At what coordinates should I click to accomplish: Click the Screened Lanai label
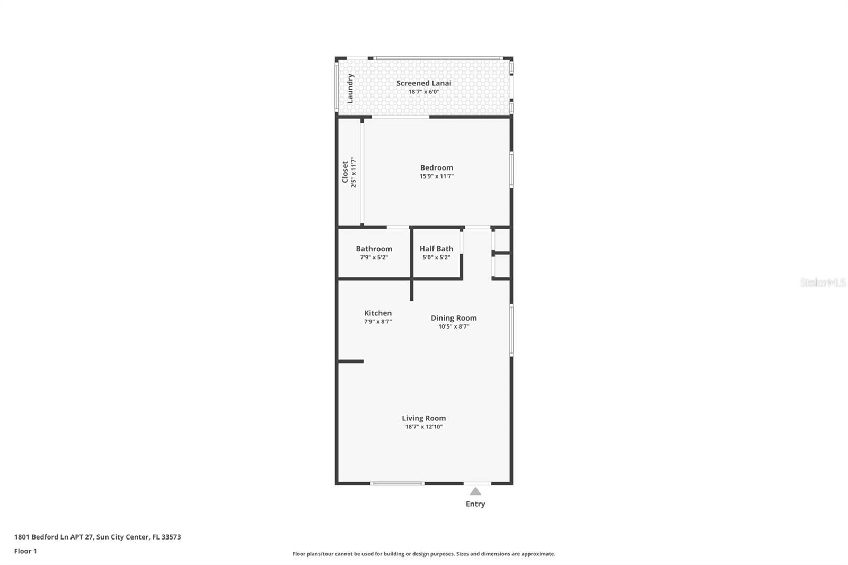[x=423, y=83]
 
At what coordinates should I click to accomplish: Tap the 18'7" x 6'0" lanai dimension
[x=423, y=92]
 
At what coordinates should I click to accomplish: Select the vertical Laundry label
[x=350, y=89]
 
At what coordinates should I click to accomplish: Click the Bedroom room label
[x=436, y=167]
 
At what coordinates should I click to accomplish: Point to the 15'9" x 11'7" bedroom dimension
[x=436, y=176]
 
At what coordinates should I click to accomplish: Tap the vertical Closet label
[x=345, y=172]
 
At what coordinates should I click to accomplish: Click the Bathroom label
[x=374, y=249]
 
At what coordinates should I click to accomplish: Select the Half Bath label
[x=436, y=249]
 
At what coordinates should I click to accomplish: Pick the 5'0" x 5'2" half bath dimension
[x=436, y=258]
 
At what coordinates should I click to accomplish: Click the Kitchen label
[x=377, y=313]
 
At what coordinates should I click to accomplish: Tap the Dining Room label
[x=453, y=318]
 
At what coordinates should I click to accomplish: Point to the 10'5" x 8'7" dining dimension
[x=453, y=326]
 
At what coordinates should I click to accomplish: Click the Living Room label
[x=423, y=418]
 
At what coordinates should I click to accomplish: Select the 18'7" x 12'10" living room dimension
[x=423, y=427]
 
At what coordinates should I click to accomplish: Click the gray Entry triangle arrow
[x=475, y=491]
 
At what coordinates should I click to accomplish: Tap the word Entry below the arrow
[x=475, y=504]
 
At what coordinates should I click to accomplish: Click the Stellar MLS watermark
[x=823, y=282]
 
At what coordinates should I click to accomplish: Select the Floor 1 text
[x=25, y=551]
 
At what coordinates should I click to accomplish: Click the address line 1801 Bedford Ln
[x=98, y=537]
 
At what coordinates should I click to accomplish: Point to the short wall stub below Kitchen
[x=350, y=361]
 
